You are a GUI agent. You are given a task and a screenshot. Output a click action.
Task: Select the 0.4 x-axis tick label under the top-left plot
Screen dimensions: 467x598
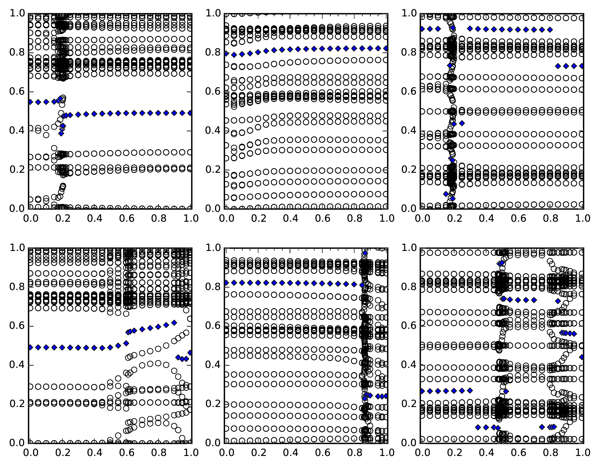coord(95,218)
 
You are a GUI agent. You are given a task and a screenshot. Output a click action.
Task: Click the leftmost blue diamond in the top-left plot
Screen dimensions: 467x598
coord(30,102)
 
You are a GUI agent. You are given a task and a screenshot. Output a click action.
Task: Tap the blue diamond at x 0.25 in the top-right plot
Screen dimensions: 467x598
coord(462,123)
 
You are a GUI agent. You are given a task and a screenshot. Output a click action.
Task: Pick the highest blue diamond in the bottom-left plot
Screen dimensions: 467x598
coord(174,323)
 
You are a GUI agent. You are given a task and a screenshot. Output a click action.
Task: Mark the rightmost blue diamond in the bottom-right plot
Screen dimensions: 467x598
coord(582,357)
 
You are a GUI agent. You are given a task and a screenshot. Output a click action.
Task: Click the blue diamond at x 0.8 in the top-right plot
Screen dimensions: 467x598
coord(550,30)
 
